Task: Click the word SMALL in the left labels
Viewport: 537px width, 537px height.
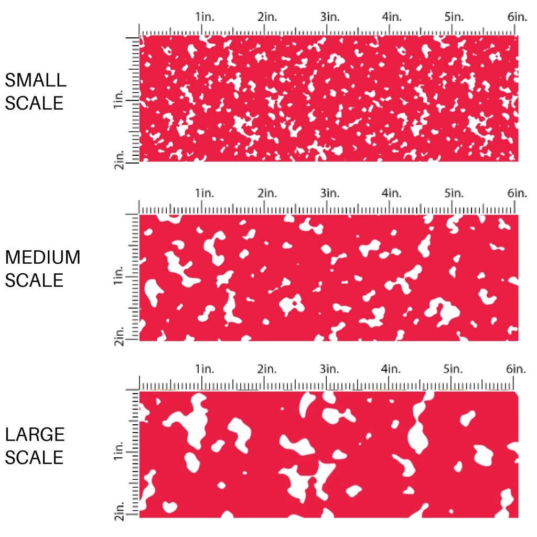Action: pyautogui.click(x=36, y=80)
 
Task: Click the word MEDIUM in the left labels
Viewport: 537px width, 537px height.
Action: pyautogui.click(x=42, y=257)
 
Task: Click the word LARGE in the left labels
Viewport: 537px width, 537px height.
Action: pyautogui.click(x=35, y=435)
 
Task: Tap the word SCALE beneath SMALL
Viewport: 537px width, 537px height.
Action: pyautogui.click(x=34, y=103)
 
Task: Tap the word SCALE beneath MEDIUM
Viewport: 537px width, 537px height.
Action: pyautogui.click(x=34, y=281)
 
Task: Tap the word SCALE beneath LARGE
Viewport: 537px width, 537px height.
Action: pyautogui.click(x=34, y=458)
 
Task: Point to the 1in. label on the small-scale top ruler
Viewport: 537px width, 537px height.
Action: pyautogui.click(x=205, y=17)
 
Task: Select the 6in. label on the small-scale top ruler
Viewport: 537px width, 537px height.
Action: pyautogui.click(x=517, y=17)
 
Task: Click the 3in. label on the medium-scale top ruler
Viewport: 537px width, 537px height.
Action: pyautogui.click(x=329, y=194)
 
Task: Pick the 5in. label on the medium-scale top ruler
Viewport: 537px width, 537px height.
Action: pyautogui.click(x=454, y=194)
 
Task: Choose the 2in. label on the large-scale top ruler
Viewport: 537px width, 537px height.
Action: pyautogui.click(x=267, y=370)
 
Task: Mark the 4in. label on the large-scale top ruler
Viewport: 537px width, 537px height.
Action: pyautogui.click(x=392, y=370)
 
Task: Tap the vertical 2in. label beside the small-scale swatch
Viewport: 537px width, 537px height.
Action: pyautogui.click(x=119, y=159)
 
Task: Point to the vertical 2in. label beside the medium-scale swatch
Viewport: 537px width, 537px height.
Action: pyautogui.click(x=119, y=336)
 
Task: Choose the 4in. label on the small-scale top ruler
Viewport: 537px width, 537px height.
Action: pyautogui.click(x=392, y=17)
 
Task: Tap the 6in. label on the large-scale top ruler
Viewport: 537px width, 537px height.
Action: pyautogui.click(x=517, y=370)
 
